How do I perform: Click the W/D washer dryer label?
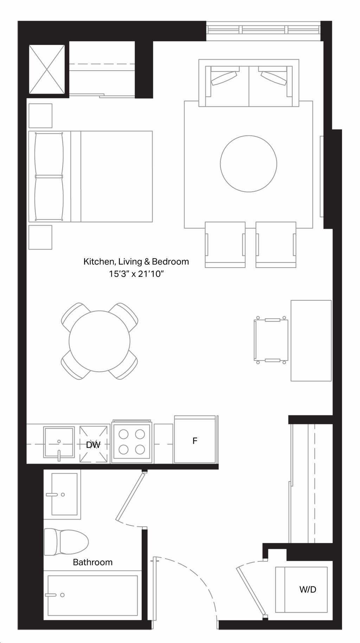click(x=308, y=589)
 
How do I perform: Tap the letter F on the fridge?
click(x=195, y=440)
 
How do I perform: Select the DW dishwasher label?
click(x=93, y=445)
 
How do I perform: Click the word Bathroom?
click(x=93, y=562)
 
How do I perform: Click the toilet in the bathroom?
click(x=66, y=542)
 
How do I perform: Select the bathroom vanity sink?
click(x=63, y=494)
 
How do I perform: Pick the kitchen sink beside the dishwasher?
click(x=59, y=442)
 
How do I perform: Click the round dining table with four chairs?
click(x=99, y=341)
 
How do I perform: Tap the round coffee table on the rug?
click(x=249, y=164)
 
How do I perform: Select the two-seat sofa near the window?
click(x=249, y=83)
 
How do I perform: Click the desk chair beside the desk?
click(x=271, y=340)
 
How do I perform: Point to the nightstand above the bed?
click(x=40, y=116)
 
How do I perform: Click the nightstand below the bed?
click(x=40, y=237)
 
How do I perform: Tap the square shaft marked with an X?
click(x=47, y=69)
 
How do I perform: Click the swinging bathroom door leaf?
click(x=130, y=497)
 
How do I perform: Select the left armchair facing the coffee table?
click(x=225, y=244)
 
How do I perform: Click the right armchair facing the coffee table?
click(x=276, y=244)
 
